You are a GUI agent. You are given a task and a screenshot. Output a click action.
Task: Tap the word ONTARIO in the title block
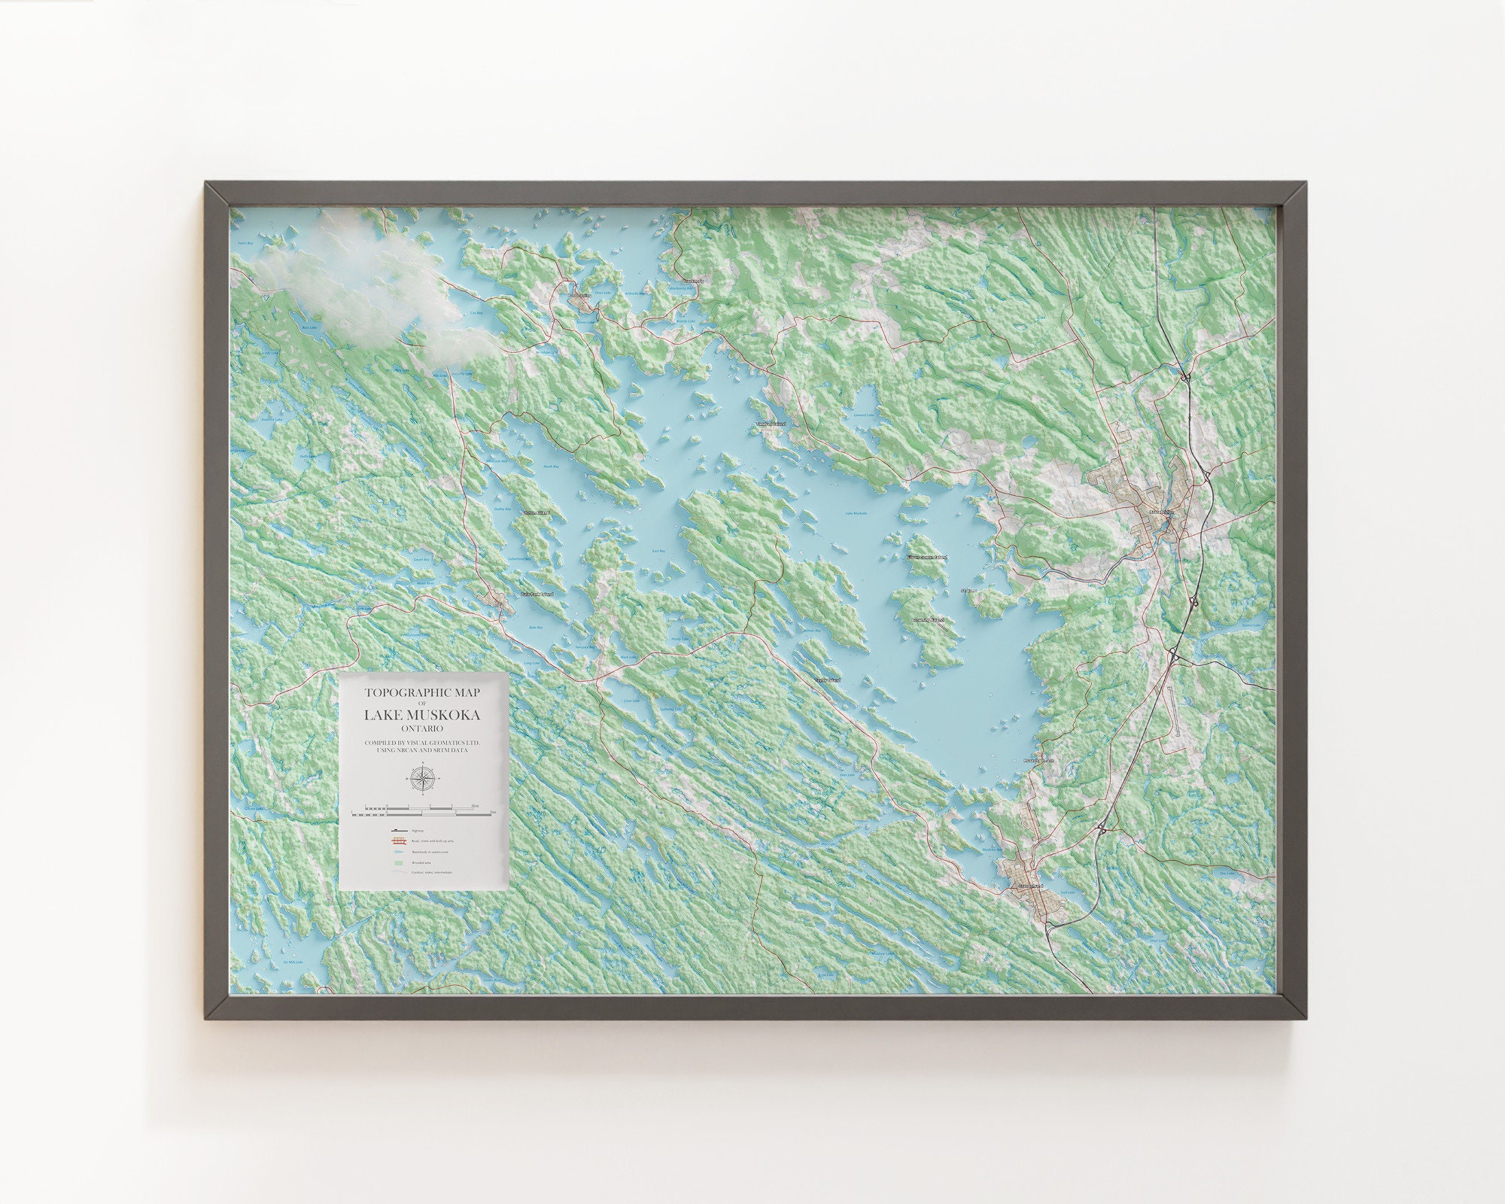click(x=422, y=729)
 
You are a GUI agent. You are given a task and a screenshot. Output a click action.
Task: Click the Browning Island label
click(x=928, y=620)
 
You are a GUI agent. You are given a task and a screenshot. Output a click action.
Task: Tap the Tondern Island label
click(x=770, y=424)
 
